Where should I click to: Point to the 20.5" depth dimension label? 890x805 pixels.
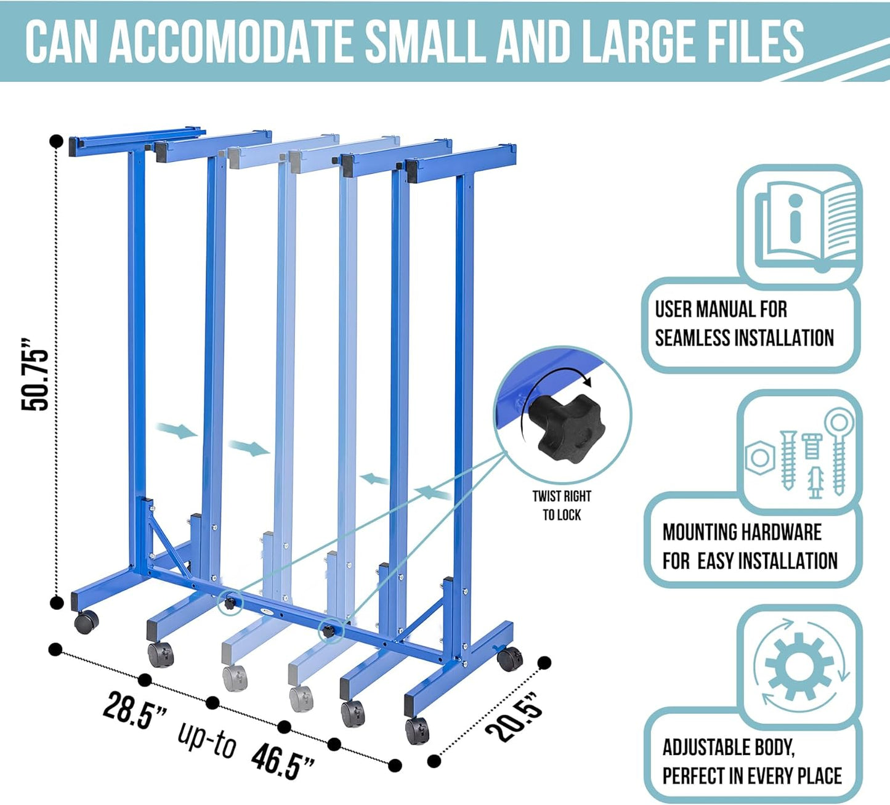point(515,716)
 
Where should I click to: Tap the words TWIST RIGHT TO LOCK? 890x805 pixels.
point(562,505)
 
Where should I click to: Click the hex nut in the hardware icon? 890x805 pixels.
point(760,458)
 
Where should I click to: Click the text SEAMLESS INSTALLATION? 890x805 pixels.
point(744,338)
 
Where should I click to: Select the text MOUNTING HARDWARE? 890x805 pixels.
point(742,532)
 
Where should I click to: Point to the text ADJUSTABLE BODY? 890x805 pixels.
point(729,747)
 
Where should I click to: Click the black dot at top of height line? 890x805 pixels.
point(56,141)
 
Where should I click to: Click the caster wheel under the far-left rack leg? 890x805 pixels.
point(86,623)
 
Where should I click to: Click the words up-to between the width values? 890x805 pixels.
point(207,737)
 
